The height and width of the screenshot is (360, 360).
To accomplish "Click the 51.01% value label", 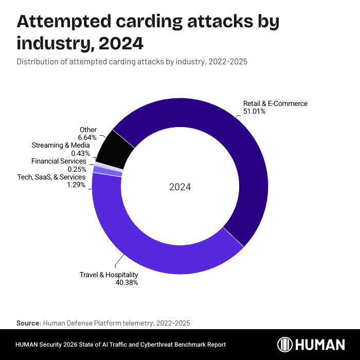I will tap(255, 111).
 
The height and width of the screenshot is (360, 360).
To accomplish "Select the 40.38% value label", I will tap(128, 282).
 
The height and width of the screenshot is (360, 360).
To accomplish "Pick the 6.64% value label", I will tap(87, 137).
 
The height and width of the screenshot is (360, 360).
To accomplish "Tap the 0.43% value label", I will tap(80, 153).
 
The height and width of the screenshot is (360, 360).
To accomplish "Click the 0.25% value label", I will tap(77, 169).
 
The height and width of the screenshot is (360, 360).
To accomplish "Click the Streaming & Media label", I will tap(61, 146).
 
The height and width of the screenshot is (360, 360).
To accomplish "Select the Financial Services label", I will tap(59, 161).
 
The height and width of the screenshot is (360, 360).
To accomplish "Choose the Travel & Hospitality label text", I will tap(109, 275).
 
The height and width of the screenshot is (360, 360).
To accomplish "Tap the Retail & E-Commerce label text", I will tap(275, 103).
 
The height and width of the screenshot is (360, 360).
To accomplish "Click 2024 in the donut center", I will tap(180, 187).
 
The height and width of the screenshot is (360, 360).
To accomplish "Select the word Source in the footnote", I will tap(28, 323).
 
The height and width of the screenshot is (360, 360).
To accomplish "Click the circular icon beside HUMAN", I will tap(286, 345).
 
